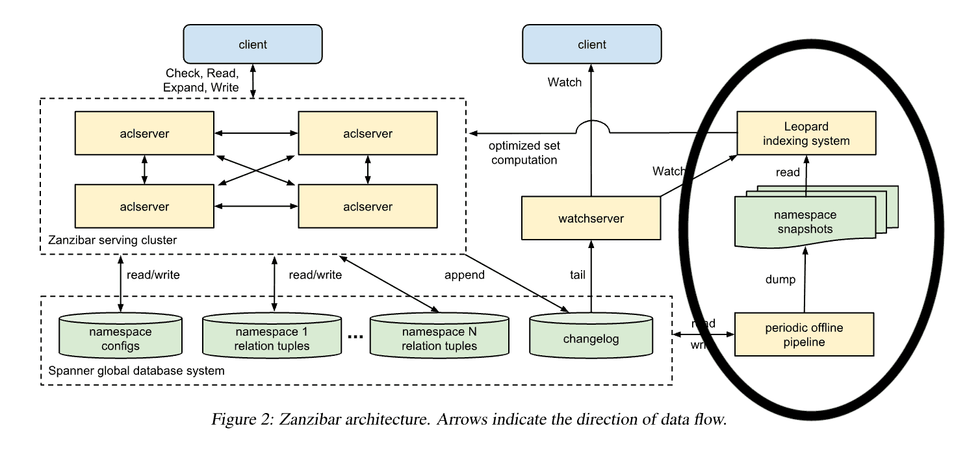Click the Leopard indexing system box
pyautogui.click(x=805, y=133)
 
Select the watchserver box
pyautogui.click(x=591, y=218)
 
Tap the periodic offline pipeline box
pyautogui.click(x=804, y=334)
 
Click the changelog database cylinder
pyautogui.click(x=591, y=338)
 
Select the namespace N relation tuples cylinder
pyautogui.click(x=439, y=338)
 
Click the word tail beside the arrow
pyautogui.click(x=577, y=275)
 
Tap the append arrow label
pyautogui.click(x=464, y=275)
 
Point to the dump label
pyautogui.click(x=780, y=279)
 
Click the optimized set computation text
pyautogui.click(x=523, y=153)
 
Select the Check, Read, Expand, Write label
pyautogui.click(x=202, y=80)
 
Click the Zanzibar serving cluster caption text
pyautogui.click(x=112, y=240)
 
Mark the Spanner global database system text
pyautogui.click(x=136, y=371)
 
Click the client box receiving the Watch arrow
pyautogui.click(x=591, y=44)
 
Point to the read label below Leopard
pyautogui.click(x=788, y=173)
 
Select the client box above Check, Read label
pyautogui.click(x=253, y=44)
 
